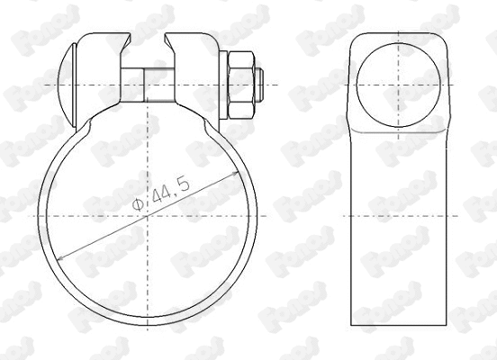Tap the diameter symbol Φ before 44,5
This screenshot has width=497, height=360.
point(135,206)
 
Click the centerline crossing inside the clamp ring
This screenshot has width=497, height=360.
point(148,216)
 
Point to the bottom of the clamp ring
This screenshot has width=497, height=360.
point(148,323)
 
